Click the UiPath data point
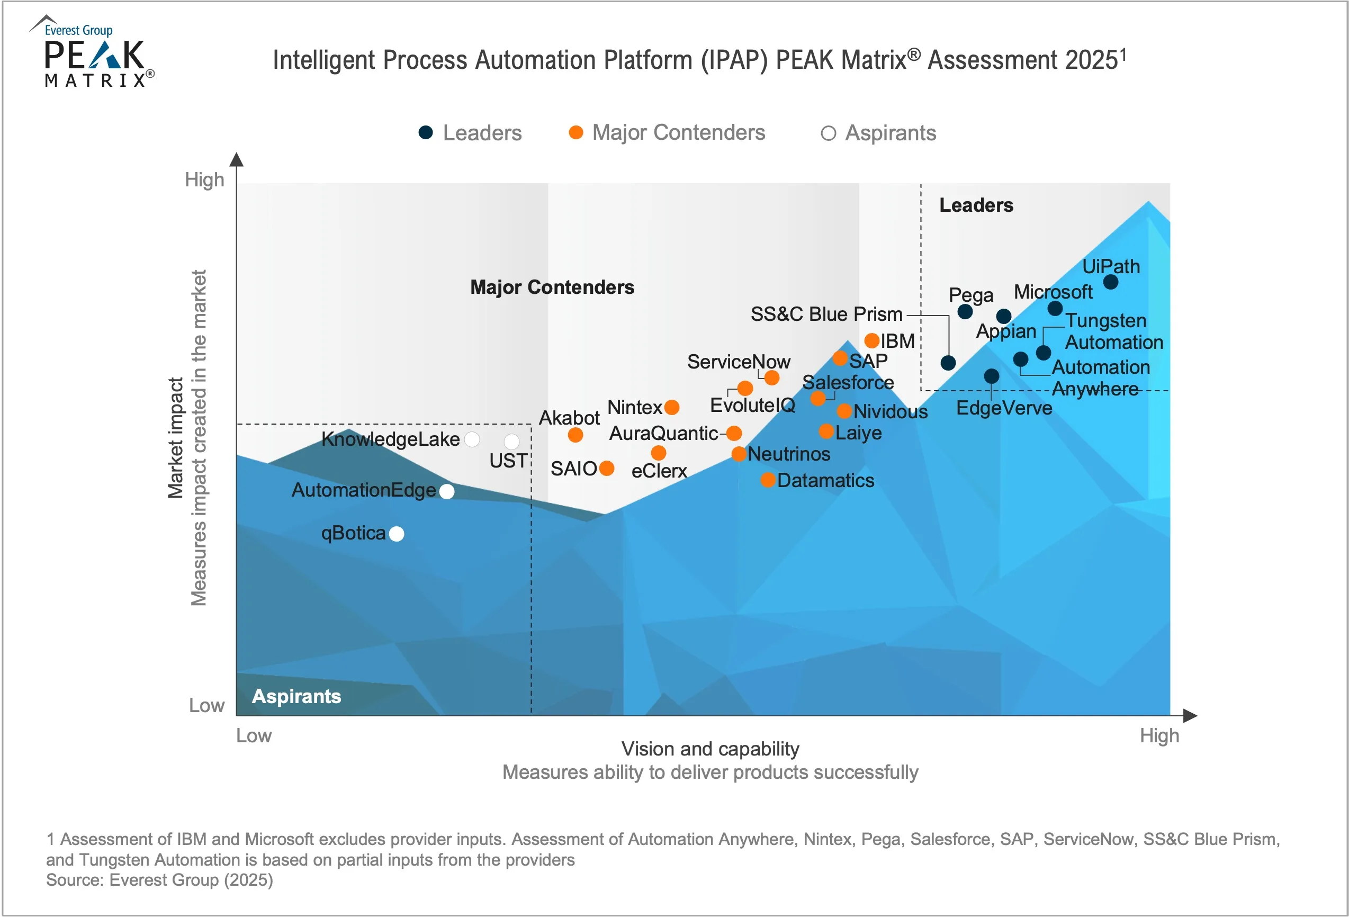coord(1110,282)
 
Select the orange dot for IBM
coord(872,340)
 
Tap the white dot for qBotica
coord(397,534)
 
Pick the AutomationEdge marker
coord(447,491)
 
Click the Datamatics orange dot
coord(768,480)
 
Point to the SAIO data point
coord(607,469)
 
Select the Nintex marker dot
coord(672,408)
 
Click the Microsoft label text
coord(1053,292)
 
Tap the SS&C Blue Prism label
coord(826,314)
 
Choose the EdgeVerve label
coord(1004,408)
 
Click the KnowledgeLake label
coord(390,439)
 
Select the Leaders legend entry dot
coord(426,133)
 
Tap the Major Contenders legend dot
coord(576,133)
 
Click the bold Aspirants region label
coord(296,696)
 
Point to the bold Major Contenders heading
coord(552,287)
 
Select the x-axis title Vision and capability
coord(710,749)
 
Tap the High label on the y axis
coord(204,180)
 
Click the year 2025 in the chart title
coord(1091,60)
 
